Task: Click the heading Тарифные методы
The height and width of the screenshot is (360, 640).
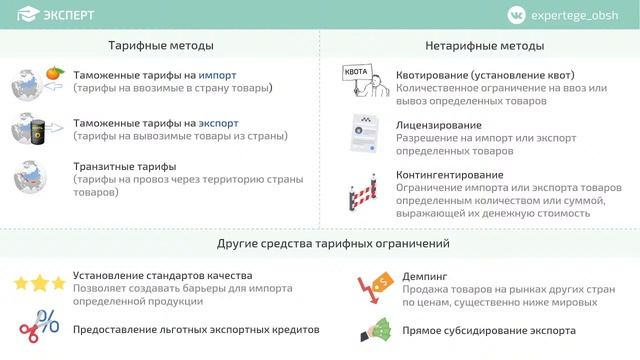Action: pos(161,46)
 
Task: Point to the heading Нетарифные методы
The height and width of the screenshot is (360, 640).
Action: pos(484,46)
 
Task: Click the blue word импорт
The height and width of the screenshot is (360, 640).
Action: pos(218,75)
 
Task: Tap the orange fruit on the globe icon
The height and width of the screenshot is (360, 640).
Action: pos(54,73)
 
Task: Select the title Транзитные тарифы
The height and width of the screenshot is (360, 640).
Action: pos(124,166)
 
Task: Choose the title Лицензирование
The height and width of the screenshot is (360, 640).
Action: pos(439,125)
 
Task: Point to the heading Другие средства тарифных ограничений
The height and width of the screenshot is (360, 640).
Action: pos(333,243)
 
